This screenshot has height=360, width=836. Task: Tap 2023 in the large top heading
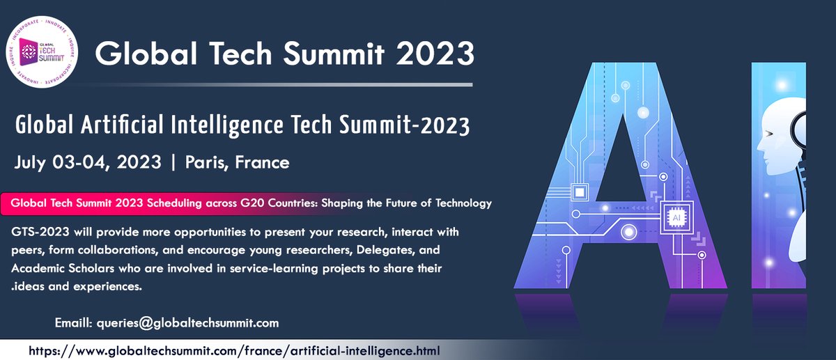432,53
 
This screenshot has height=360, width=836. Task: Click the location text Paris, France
237,163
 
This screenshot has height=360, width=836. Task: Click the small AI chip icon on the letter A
674,217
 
